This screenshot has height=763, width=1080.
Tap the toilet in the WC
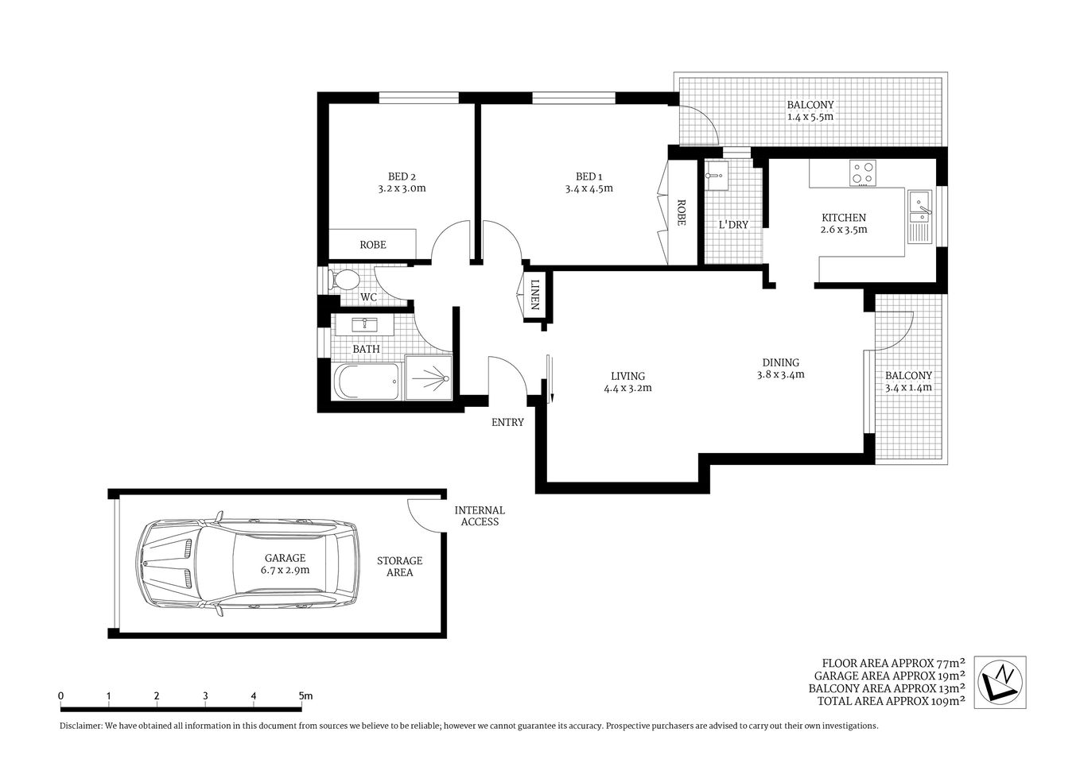(345, 280)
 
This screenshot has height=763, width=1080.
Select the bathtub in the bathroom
(367, 383)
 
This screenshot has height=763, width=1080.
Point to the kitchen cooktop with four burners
(862, 173)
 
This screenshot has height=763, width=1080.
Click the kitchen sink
(920, 205)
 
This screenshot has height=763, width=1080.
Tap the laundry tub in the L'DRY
(717, 177)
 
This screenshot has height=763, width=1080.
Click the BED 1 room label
(589, 176)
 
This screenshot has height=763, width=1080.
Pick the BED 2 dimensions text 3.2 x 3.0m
(402, 189)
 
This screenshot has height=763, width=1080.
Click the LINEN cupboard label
(535, 295)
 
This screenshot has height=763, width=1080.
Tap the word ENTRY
(507, 422)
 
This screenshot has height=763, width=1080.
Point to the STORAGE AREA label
(399, 566)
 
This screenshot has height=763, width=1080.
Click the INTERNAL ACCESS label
(480, 516)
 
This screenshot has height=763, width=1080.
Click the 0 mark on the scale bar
(61, 696)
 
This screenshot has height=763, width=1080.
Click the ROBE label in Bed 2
(372, 245)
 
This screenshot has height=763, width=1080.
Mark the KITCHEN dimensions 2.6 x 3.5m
(843, 230)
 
